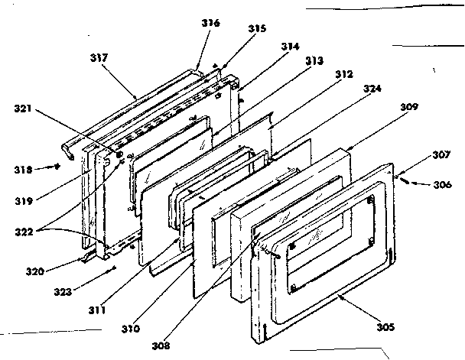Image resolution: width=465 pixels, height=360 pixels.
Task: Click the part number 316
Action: click(x=210, y=24)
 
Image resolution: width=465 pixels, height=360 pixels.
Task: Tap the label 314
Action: click(x=290, y=47)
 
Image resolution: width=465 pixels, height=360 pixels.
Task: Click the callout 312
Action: click(x=343, y=75)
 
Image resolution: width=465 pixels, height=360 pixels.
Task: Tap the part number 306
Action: click(x=443, y=184)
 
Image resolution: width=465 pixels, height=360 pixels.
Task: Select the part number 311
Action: click(x=97, y=310)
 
